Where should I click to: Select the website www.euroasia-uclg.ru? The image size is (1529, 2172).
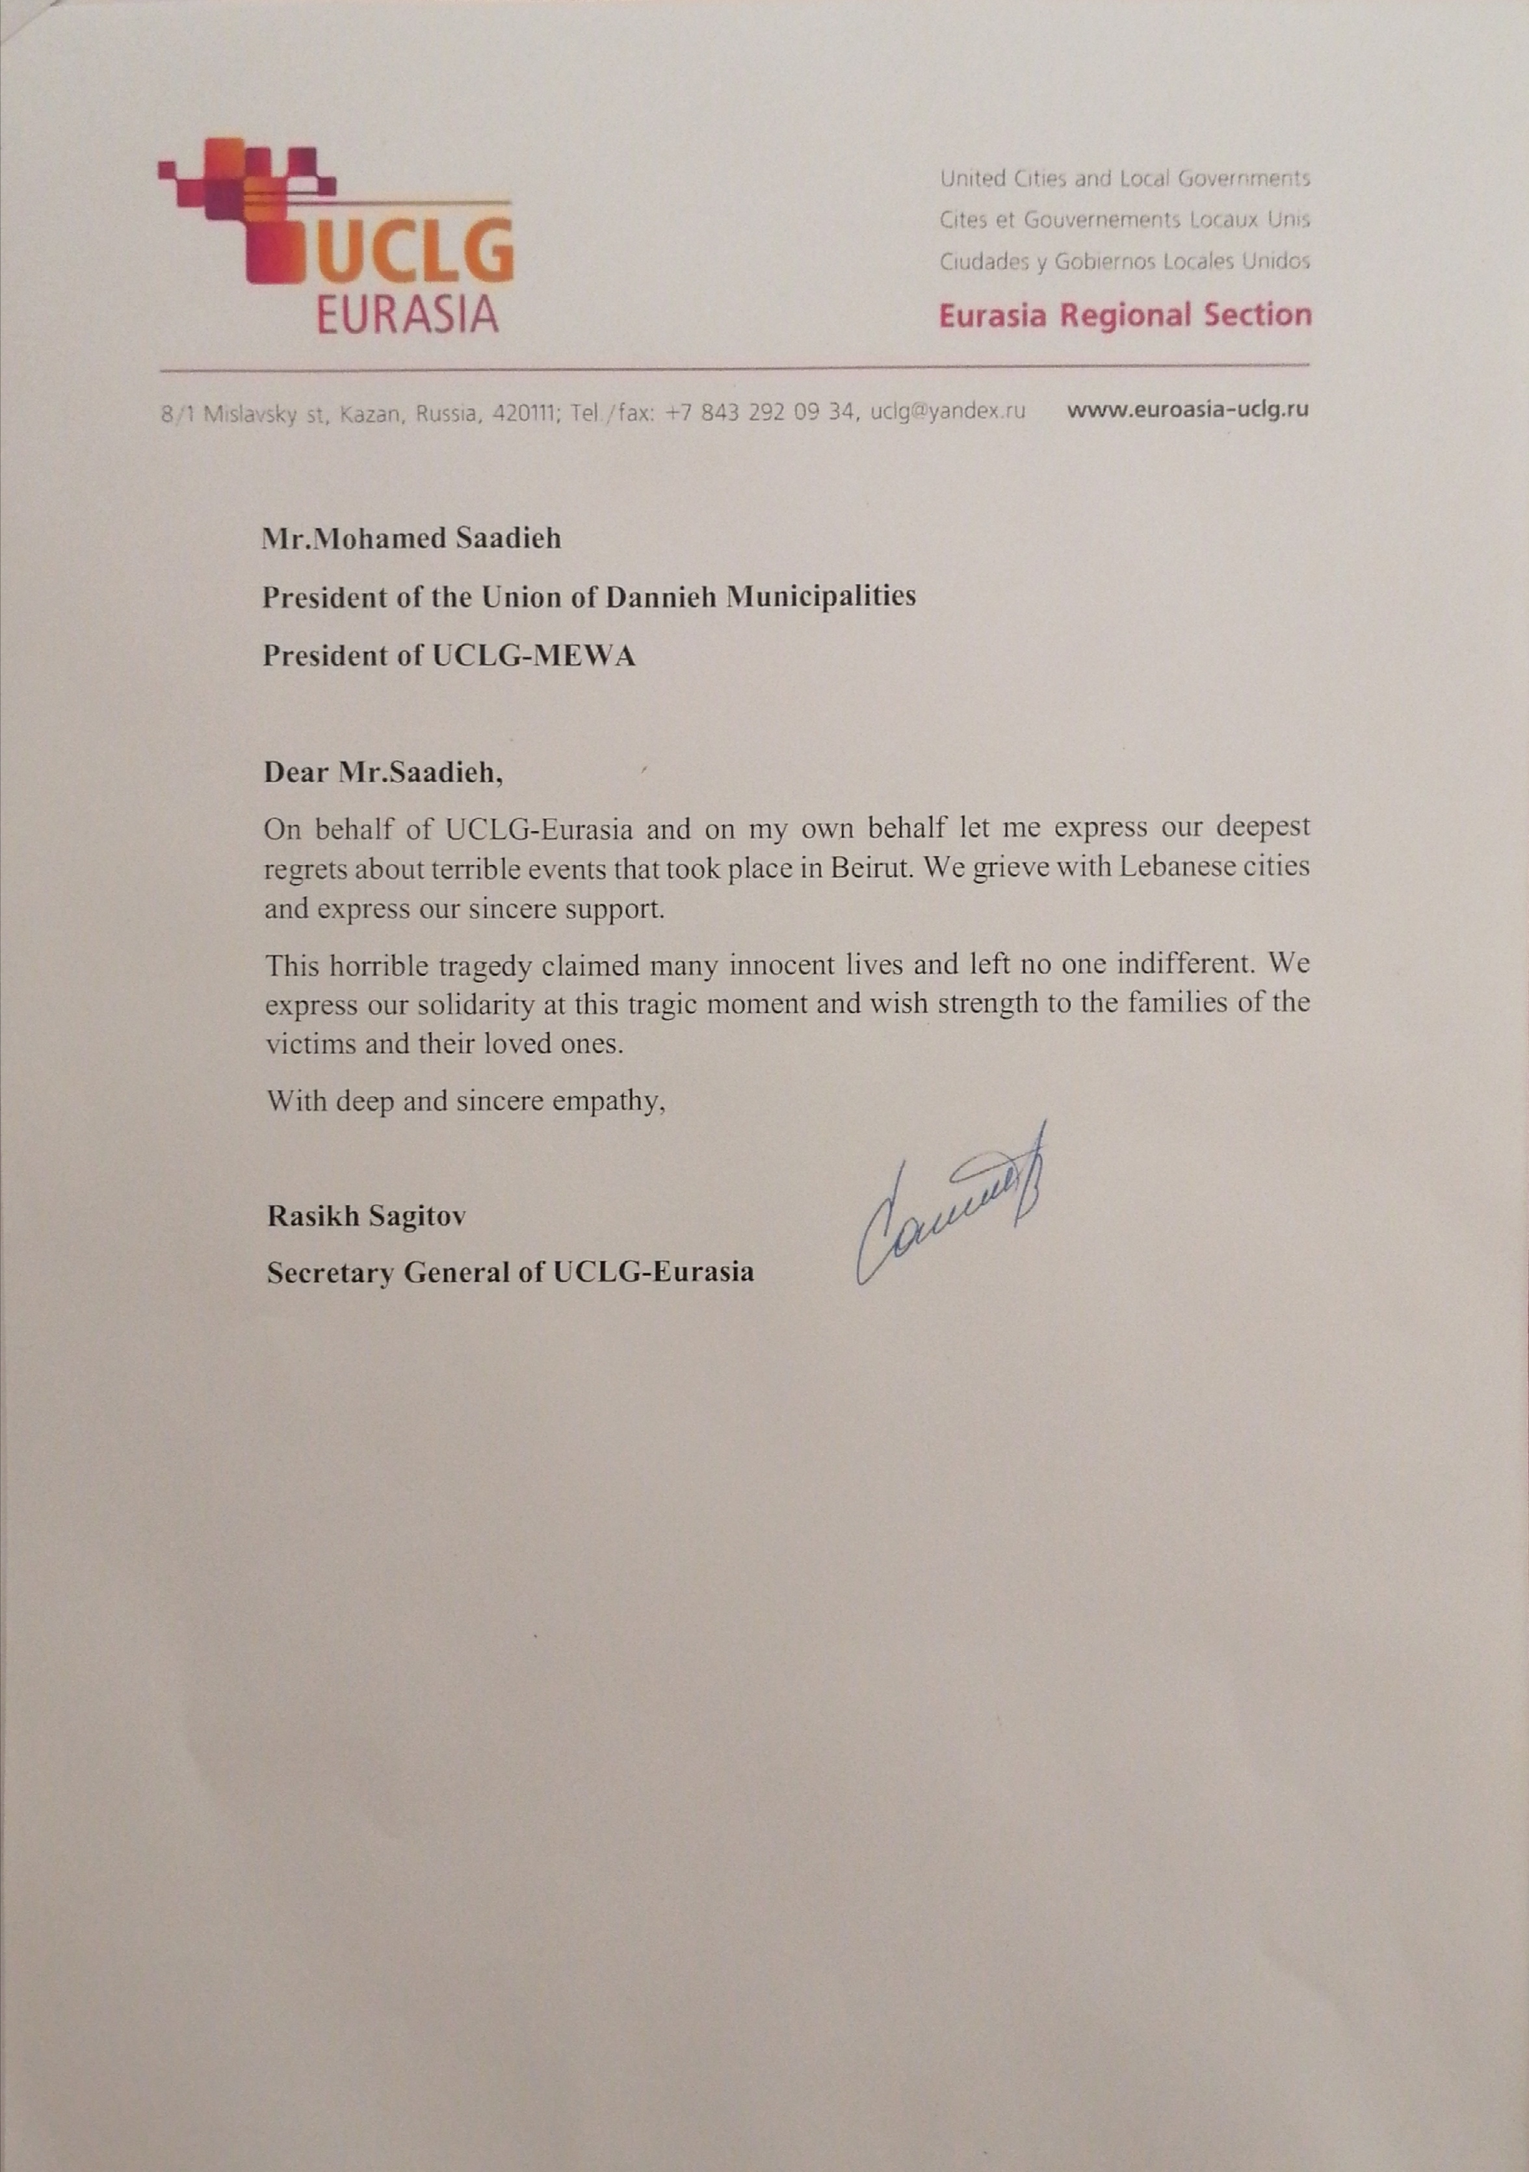pyautogui.click(x=1188, y=411)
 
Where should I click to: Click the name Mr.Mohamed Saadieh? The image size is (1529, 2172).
pyautogui.click(x=412, y=538)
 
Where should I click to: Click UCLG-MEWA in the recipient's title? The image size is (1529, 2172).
pyautogui.click(x=534, y=656)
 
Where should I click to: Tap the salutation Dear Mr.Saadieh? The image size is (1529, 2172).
pyautogui.click(x=383, y=772)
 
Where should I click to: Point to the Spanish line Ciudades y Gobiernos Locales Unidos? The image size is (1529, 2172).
pyautogui.click(x=1124, y=262)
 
